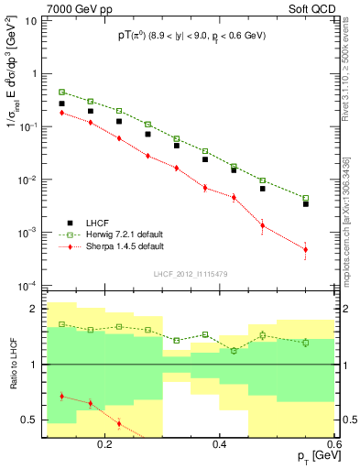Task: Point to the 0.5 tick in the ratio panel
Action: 32,420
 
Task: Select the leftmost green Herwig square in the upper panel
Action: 61,93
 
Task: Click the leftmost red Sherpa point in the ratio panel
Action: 61,396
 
